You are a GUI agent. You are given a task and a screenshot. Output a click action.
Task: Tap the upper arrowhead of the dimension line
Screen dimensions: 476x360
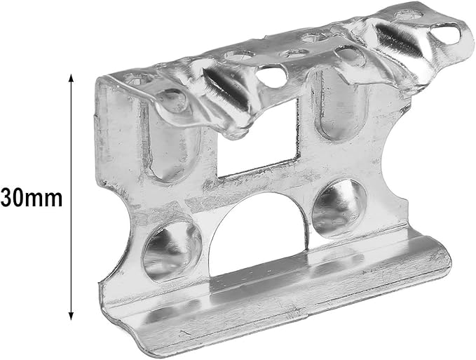71,78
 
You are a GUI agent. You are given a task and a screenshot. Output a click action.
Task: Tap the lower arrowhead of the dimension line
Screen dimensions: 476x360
71,316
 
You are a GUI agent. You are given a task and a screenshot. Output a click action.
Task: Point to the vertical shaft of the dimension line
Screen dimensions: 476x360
71,197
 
